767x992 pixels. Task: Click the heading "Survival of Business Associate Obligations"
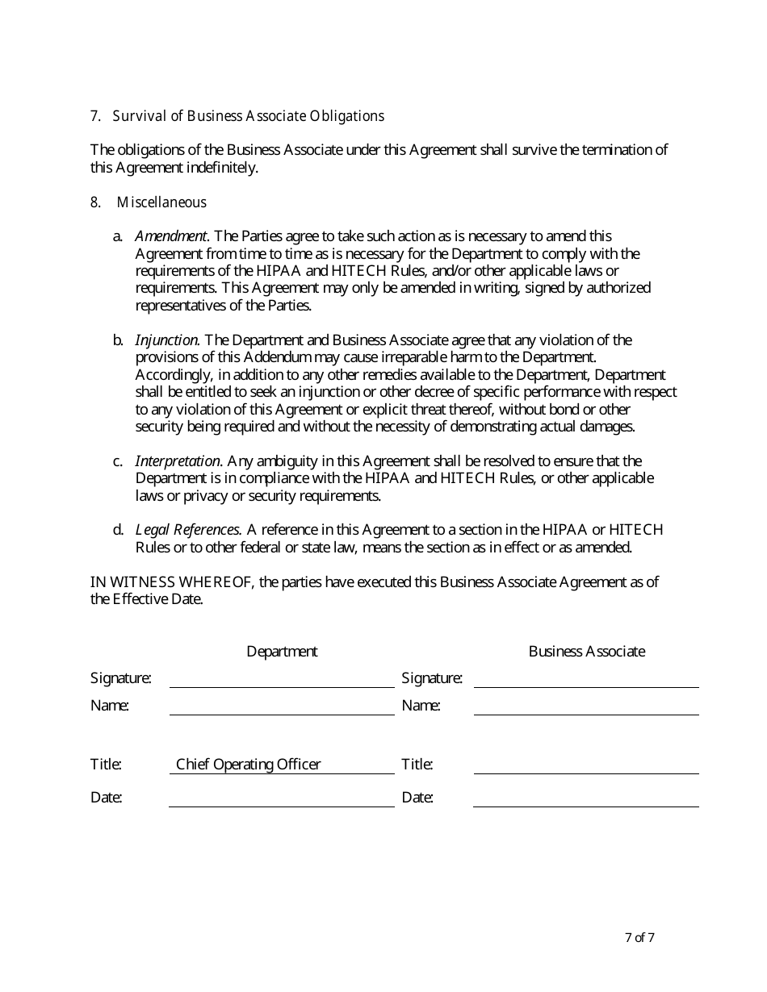248,116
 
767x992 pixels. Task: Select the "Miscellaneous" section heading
161,202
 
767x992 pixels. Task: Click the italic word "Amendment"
171,236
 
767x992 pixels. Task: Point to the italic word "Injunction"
166,340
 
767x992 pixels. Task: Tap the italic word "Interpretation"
178,461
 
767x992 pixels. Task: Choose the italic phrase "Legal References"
188,530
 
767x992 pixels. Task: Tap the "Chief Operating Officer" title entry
249,765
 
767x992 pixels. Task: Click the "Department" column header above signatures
282,652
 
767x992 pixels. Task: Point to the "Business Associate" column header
587,652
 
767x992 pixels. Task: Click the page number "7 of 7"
639,938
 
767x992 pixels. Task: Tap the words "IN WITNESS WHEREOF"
173,582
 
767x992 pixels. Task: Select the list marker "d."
118,530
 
